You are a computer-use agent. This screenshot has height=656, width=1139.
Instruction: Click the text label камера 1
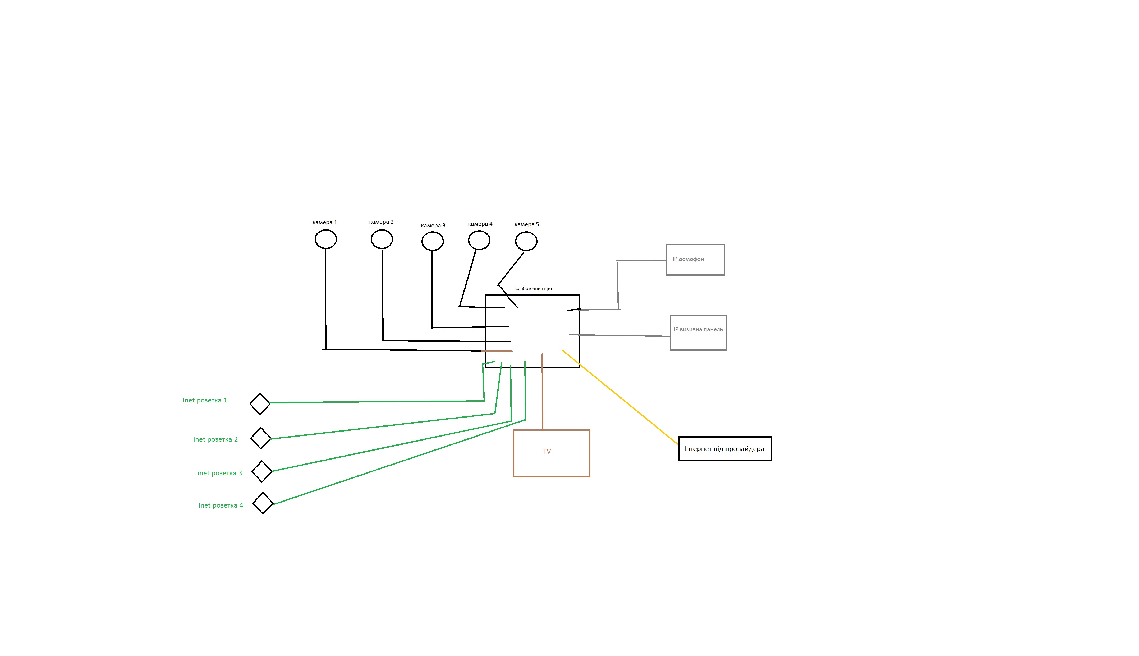pyautogui.click(x=325, y=222)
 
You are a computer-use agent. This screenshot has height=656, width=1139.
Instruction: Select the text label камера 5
pyautogui.click(x=527, y=224)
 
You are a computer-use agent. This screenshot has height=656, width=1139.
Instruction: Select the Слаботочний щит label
pyautogui.click(x=534, y=288)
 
